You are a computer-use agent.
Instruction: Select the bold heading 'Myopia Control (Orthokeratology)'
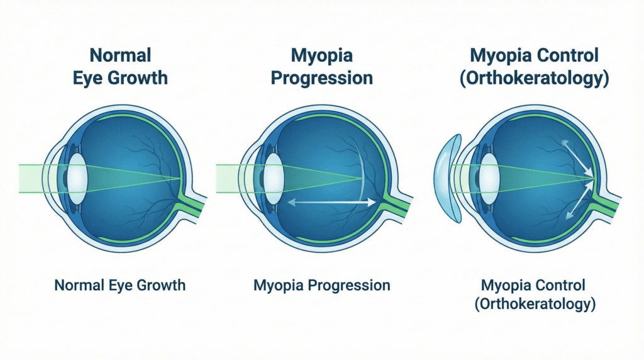(535, 66)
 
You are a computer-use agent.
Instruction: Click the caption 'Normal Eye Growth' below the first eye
(120, 285)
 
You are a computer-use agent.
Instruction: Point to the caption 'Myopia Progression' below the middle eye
(322, 285)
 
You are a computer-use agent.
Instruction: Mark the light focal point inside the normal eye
(180, 177)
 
